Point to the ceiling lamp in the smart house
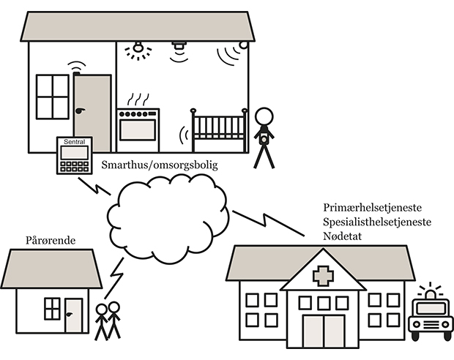tap(137, 49)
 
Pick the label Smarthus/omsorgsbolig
tap(159, 165)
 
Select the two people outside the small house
tap(107, 320)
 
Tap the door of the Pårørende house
tap(73, 315)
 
